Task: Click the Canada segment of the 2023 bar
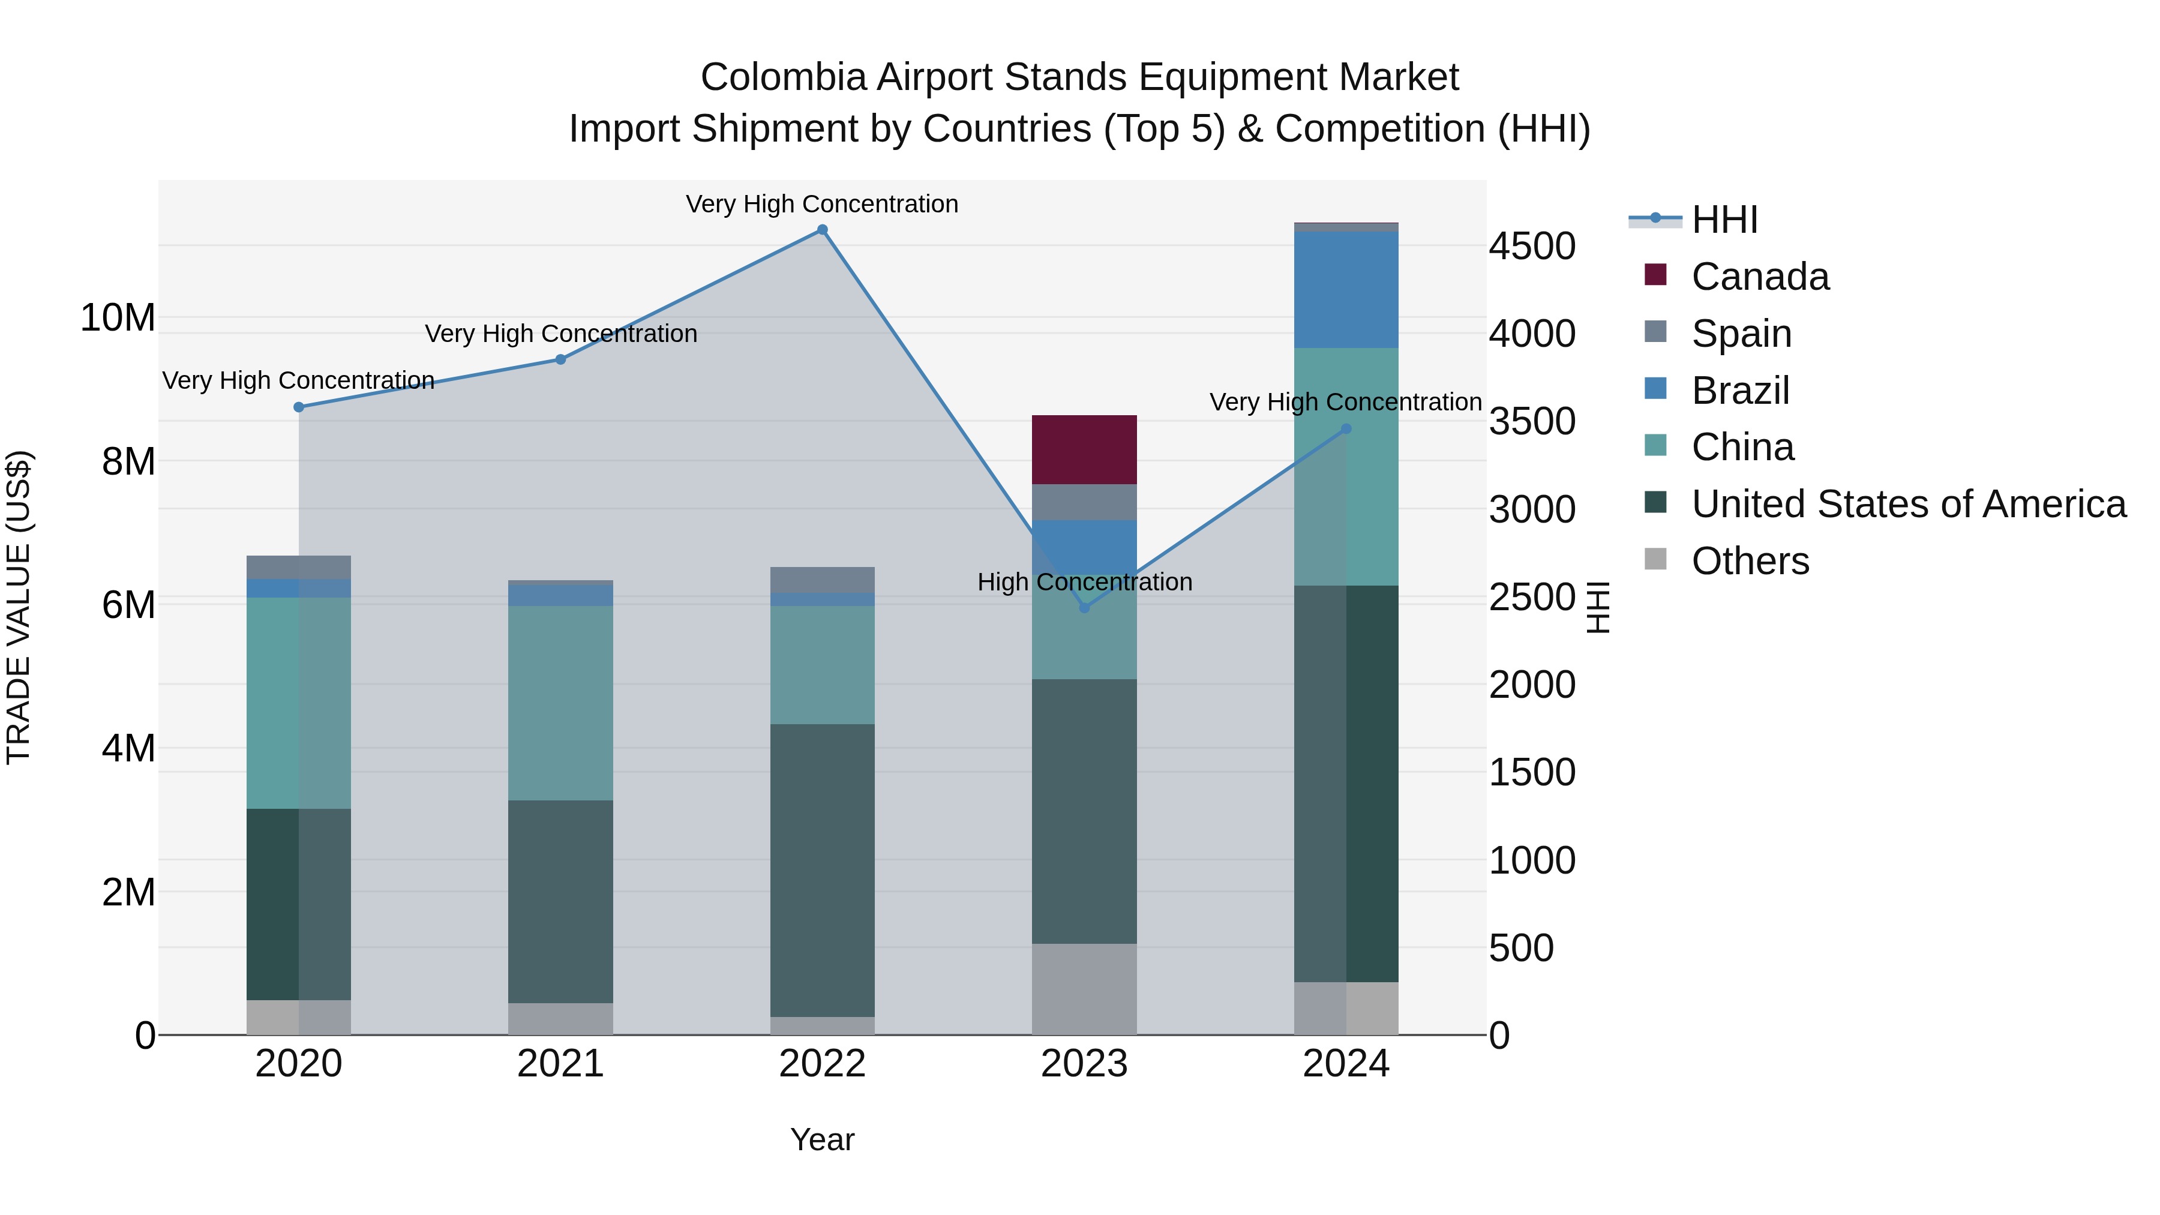click(1084, 449)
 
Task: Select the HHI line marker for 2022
click(822, 230)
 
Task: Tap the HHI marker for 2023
click(1084, 607)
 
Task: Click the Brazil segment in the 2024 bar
click(1346, 289)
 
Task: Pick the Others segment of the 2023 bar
click(1084, 989)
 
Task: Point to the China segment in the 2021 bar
click(560, 703)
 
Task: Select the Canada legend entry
click(1759, 277)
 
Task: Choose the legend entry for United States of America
click(1907, 504)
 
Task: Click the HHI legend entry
click(1724, 220)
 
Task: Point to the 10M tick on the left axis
click(118, 318)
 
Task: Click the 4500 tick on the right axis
click(1532, 247)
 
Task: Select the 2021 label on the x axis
click(560, 1064)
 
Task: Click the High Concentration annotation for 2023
click(1084, 582)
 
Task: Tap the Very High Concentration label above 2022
click(822, 204)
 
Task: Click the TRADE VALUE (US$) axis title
click(19, 607)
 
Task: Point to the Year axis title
click(822, 1139)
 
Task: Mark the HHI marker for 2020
click(299, 407)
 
